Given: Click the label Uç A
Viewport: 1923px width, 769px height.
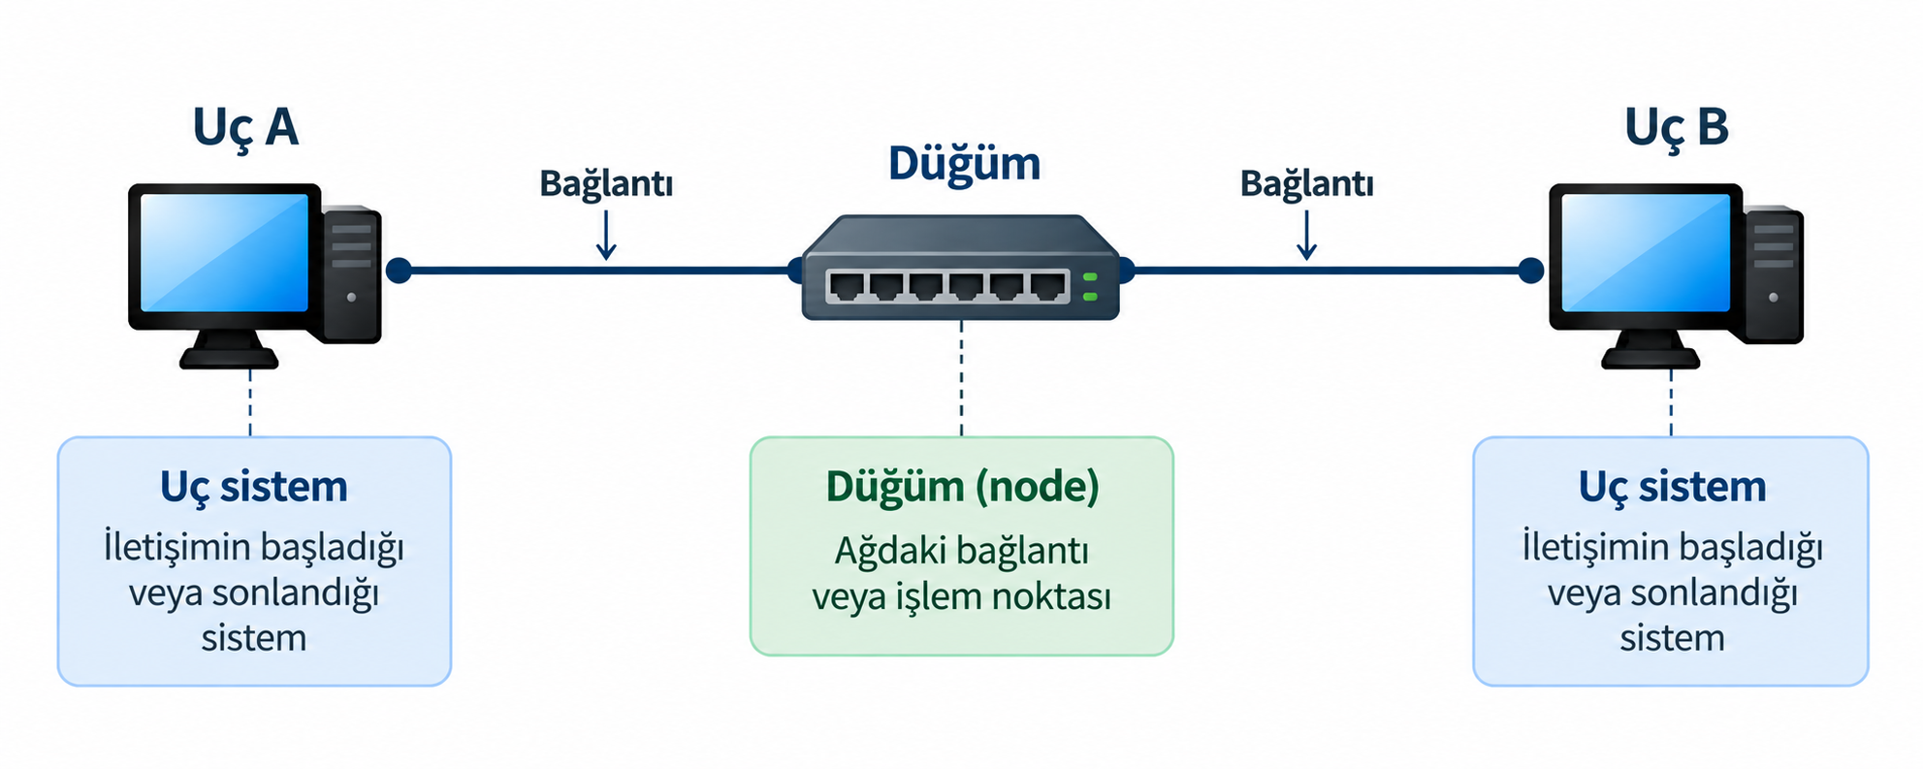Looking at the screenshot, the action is click(245, 128).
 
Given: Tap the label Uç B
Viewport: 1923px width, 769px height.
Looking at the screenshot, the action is click(1677, 128).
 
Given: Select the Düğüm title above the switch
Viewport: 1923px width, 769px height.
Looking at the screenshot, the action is click(964, 163).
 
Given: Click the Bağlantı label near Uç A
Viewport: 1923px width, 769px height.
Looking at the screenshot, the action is click(606, 183).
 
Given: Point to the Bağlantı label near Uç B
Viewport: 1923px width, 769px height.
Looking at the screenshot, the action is click(1306, 183).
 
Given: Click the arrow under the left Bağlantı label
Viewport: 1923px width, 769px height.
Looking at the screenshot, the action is click(606, 236).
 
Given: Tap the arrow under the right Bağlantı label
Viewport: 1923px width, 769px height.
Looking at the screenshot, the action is click(1306, 236).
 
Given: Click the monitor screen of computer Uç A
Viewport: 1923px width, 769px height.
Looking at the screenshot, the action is click(225, 252).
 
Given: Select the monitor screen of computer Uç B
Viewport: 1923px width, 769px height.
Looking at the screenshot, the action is click(1646, 252).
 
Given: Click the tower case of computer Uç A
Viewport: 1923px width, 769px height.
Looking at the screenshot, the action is click(351, 273).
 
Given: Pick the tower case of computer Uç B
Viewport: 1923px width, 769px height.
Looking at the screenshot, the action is click(1774, 273).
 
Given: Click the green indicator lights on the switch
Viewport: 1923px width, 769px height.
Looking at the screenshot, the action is click(1090, 287).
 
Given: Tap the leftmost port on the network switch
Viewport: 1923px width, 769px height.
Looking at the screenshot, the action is click(848, 287).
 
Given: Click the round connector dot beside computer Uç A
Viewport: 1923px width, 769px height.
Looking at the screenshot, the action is click(399, 271).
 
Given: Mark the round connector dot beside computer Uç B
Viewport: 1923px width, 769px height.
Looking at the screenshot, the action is click(1531, 271).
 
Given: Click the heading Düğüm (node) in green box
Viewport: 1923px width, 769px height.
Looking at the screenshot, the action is click(962, 487).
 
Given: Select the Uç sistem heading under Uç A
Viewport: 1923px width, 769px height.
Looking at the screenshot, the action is click(254, 487).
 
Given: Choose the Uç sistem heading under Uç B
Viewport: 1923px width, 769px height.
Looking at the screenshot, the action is click(1672, 487).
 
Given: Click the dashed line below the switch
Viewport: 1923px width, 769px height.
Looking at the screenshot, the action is click(962, 379).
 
